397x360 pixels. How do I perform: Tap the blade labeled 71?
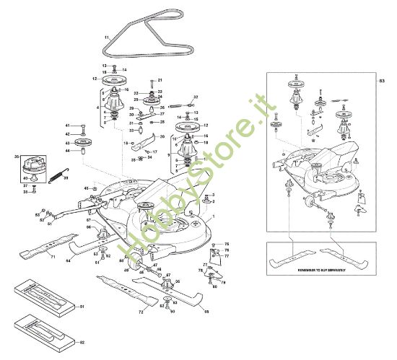click(36, 252)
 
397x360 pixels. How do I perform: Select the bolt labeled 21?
click(150, 81)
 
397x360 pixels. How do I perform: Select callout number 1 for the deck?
click(214, 217)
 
